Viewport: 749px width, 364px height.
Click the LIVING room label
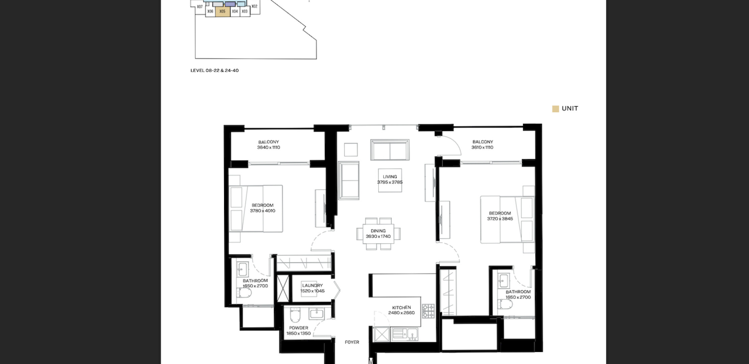[x=390, y=177]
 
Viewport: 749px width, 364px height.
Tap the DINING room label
[x=378, y=231]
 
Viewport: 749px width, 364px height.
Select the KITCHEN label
[x=401, y=307]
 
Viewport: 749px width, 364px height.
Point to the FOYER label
[x=352, y=342]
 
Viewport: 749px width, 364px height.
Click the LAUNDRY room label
[x=312, y=285]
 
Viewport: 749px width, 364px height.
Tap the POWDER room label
[x=299, y=328]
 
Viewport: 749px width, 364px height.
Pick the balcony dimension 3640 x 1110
[x=269, y=147]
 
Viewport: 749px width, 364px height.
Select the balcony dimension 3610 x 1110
[x=482, y=147]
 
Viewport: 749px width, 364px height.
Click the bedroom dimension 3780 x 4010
[x=262, y=211]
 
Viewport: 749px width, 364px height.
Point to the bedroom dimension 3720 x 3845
[x=500, y=219]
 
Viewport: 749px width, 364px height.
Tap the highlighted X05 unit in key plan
[x=223, y=11]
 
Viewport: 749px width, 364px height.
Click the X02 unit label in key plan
[x=254, y=6]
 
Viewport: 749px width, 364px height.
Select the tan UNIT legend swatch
[x=555, y=109]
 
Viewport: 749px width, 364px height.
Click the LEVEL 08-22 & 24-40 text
[x=215, y=70]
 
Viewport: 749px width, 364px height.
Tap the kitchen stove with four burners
[x=428, y=311]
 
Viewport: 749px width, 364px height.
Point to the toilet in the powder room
[x=295, y=314]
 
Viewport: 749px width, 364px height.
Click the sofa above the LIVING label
[x=390, y=150]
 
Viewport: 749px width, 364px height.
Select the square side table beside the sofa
[x=351, y=150]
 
